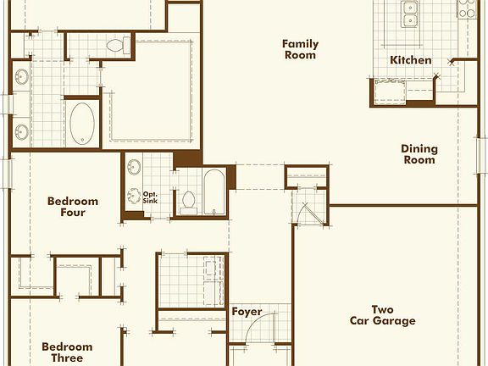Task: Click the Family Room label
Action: (299, 49)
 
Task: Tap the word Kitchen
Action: (410, 60)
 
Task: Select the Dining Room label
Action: (419, 154)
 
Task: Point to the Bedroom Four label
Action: (73, 207)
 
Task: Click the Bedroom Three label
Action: (67, 352)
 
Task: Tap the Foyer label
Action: (247, 312)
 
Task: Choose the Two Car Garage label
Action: (383, 314)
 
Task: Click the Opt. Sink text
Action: (151, 197)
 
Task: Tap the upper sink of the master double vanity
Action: (21, 80)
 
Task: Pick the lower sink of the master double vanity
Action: (21, 131)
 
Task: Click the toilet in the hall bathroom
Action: (189, 201)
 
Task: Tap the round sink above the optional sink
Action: (133, 167)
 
